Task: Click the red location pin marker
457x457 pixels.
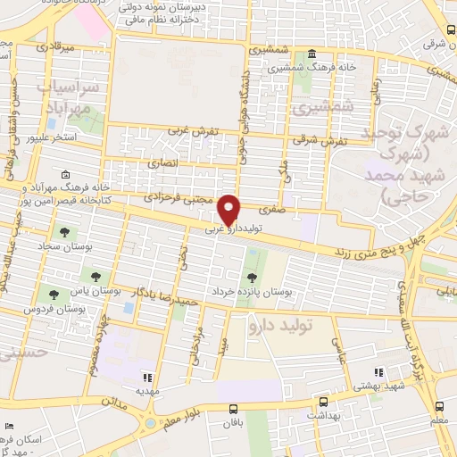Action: pos(229,209)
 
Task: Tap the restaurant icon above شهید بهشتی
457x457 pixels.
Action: pos(378,372)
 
